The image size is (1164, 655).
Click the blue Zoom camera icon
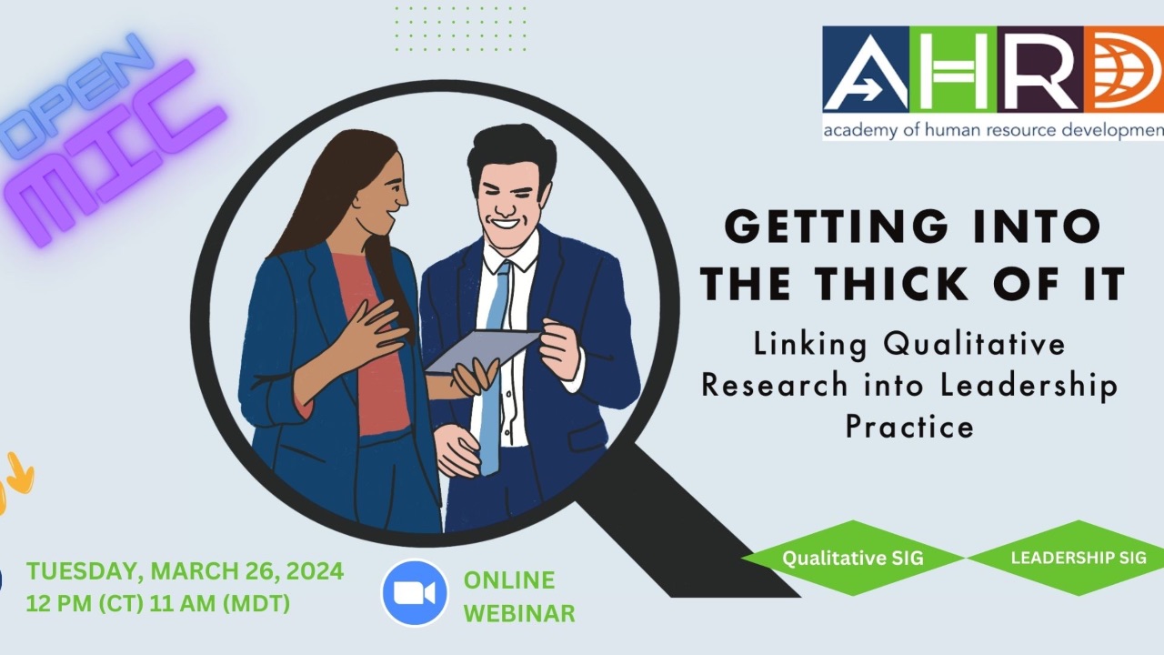[x=414, y=592]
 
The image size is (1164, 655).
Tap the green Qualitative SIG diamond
[x=853, y=558]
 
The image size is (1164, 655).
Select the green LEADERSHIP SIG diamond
[x=1070, y=558]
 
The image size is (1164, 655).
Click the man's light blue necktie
[x=494, y=364]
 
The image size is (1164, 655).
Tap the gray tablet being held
[x=482, y=351]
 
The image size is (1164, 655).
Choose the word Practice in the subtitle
[x=910, y=427]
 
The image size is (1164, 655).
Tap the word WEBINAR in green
[x=519, y=613]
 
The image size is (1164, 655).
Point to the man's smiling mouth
[x=505, y=225]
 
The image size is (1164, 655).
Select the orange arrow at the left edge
[x=21, y=474]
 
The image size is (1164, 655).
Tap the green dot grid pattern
[x=460, y=28]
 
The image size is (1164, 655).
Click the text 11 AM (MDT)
[x=220, y=603]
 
